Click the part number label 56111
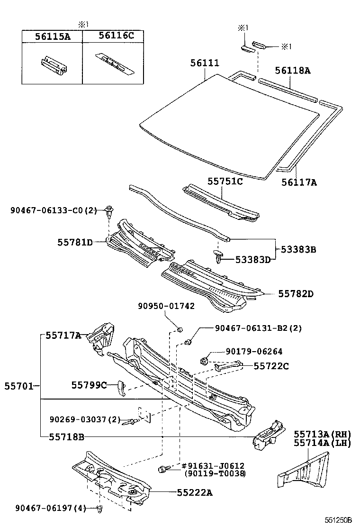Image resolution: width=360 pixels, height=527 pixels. (x=206, y=63)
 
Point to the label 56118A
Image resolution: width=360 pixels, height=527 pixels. (x=293, y=71)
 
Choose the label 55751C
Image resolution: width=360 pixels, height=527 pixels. (x=225, y=181)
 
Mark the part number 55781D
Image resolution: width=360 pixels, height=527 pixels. (x=75, y=242)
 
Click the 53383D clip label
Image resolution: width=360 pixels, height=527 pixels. (x=253, y=259)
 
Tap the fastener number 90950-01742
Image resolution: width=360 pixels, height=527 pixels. (x=166, y=306)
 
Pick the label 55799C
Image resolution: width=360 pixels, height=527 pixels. (x=89, y=385)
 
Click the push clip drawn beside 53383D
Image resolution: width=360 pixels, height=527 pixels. (x=218, y=258)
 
